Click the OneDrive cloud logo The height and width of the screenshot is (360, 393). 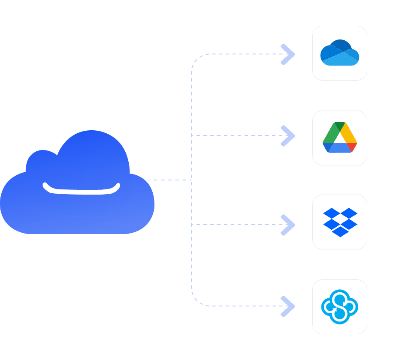coord(339,53)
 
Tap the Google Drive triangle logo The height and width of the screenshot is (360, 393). coord(339,138)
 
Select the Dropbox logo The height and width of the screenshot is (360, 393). coord(340,222)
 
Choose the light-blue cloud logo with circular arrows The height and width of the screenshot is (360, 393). coord(339,307)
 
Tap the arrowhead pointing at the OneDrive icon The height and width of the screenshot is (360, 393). coord(288,54)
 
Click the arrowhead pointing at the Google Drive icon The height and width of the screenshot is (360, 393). coord(288,135)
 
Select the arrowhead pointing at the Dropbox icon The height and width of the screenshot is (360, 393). coord(288,225)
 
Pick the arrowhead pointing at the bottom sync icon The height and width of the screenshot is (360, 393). coord(288,306)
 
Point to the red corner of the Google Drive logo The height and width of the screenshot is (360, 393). coord(352,147)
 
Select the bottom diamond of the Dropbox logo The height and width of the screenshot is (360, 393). coord(340,232)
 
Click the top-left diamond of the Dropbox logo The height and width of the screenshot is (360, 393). coord(331,213)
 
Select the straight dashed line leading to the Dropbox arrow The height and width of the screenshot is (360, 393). coord(236,225)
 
